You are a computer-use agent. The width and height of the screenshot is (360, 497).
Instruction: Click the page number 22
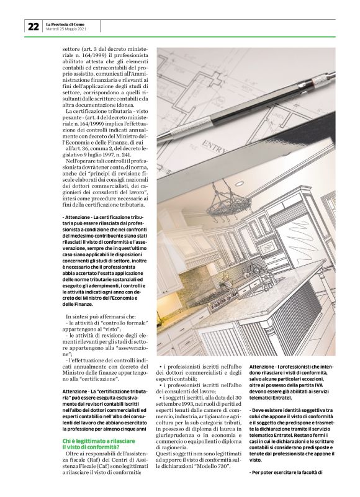coord(33,26)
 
